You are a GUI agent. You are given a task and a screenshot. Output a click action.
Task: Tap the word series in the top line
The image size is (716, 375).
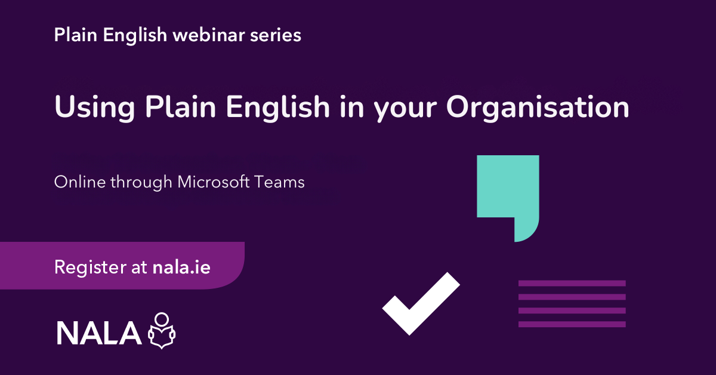coord(276,35)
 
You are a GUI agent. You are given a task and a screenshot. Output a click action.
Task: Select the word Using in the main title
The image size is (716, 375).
coord(95,108)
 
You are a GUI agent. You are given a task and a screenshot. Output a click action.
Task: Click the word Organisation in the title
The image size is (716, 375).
coord(538,108)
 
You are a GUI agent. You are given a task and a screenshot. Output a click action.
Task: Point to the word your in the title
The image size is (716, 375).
coord(405,110)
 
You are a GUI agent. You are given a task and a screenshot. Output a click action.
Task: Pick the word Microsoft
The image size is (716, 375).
coord(214,182)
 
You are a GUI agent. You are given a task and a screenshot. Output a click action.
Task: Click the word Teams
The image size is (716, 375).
coord(279,182)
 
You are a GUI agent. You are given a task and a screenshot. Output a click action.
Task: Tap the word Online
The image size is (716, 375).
coord(80,182)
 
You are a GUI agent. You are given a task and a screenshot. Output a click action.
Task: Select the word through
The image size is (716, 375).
coord(141,182)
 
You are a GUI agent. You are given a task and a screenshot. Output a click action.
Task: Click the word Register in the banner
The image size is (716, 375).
coord(91,268)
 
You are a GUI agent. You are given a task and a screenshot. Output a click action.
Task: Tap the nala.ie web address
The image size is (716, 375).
coord(181,267)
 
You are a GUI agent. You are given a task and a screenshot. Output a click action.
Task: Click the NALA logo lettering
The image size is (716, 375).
coord(99,333)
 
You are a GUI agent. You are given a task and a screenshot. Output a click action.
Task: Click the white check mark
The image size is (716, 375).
coord(421,304)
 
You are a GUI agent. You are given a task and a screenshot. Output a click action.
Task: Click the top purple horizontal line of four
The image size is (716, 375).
coord(572,283)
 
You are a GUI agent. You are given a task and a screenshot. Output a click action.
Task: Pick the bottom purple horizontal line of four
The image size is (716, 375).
coord(572,324)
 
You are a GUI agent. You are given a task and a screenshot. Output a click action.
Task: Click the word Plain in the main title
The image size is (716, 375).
coord(181,107)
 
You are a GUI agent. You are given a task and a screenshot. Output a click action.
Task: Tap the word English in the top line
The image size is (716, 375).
coord(135,35)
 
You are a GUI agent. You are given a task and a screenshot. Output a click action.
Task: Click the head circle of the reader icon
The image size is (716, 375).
coord(162,319)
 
